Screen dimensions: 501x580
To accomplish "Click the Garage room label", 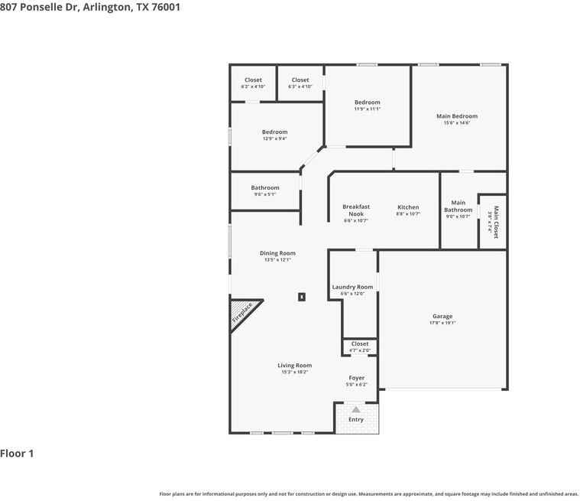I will point(442,317).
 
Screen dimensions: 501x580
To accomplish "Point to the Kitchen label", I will point(408,208).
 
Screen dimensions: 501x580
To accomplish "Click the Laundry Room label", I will point(352,288).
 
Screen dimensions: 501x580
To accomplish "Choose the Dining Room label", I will point(277,253).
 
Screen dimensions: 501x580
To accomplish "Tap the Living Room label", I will point(294,366).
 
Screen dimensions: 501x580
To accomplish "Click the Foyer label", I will point(357,378).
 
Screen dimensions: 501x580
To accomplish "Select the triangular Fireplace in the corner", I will point(242,313).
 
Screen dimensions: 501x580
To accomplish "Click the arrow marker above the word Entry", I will point(356,410).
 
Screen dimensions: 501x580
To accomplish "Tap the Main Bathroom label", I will point(458,207).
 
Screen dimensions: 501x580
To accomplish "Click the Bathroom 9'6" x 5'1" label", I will point(265,188).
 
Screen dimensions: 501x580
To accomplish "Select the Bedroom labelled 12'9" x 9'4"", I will point(274,132).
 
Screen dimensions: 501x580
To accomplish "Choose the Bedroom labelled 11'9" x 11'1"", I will point(367,102).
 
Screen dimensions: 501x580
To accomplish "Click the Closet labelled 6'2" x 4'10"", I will point(253,80).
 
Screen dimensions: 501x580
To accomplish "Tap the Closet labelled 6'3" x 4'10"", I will point(300,80).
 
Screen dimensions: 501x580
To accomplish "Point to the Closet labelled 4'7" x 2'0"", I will point(360,344).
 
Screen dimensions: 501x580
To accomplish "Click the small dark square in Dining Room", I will point(302,297).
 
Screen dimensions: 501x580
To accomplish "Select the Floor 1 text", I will point(18,454).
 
